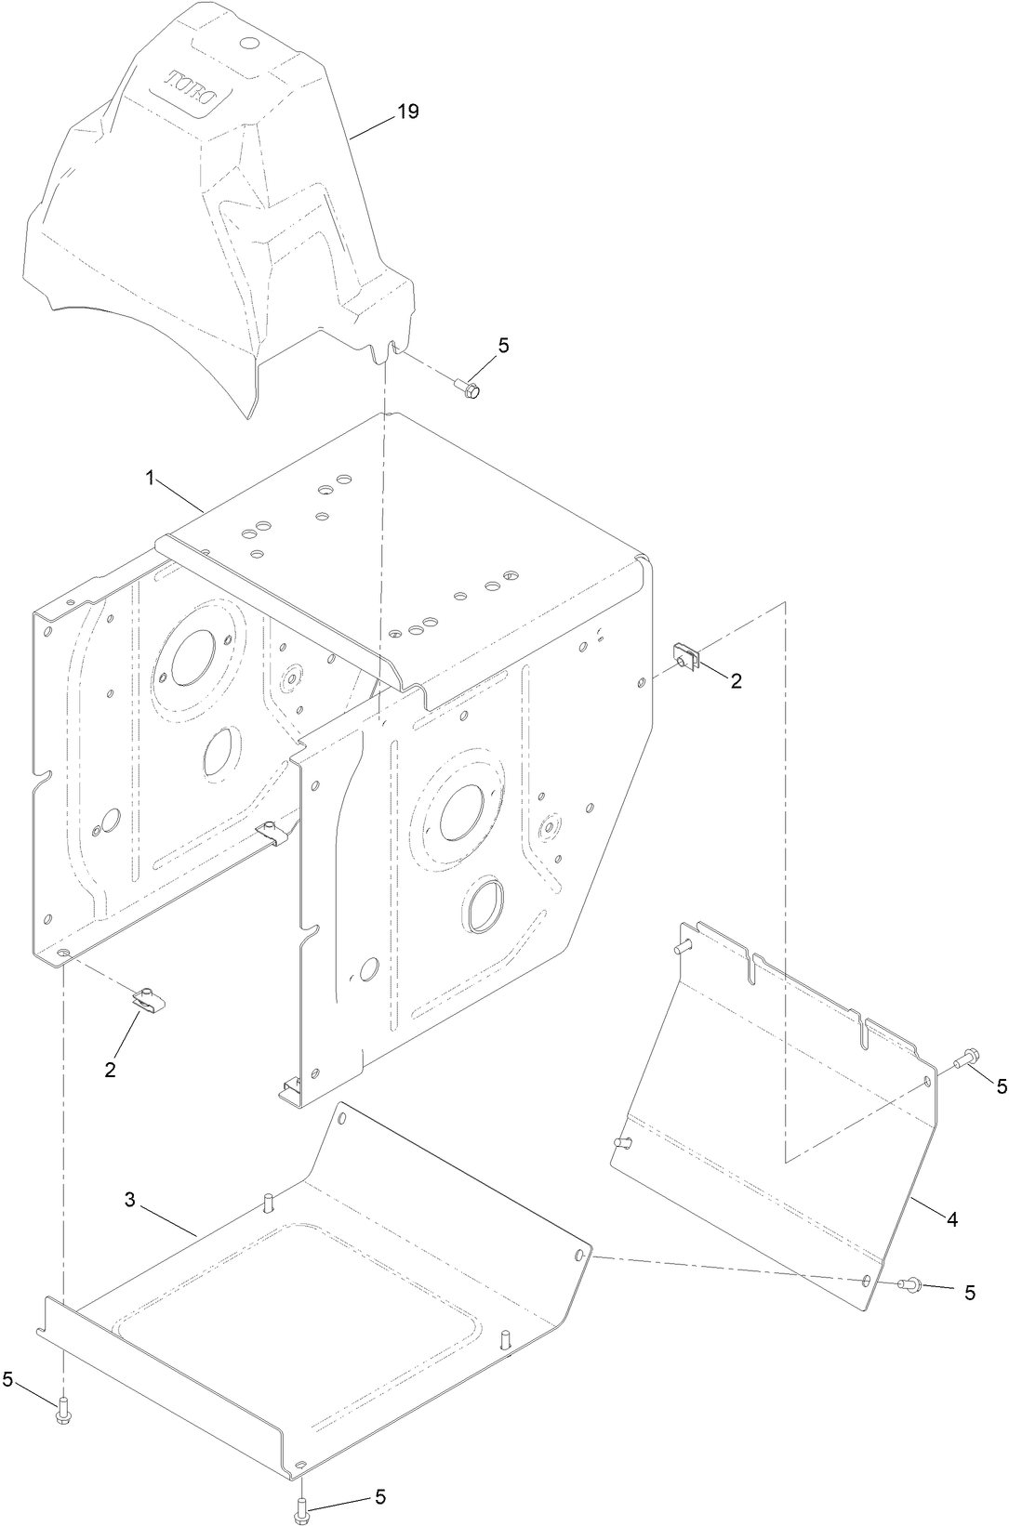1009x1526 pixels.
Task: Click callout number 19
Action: click(x=407, y=112)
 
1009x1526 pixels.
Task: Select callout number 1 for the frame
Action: click(x=150, y=478)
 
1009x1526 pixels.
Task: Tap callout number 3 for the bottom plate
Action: click(x=130, y=1200)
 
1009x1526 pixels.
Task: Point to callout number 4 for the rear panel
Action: click(x=951, y=1218)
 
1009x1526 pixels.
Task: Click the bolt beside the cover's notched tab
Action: click(x=468, y=388)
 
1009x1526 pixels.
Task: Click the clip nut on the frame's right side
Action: click(x=687, y=655)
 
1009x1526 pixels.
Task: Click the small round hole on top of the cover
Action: click(x=249, y=44)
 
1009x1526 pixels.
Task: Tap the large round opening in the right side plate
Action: click(x=461, y=809)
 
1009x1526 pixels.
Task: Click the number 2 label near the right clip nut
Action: click(x=736, y=681)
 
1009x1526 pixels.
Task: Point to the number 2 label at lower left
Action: click(x=111, y=1070)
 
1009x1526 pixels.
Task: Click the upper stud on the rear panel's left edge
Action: click(x=684, y=947)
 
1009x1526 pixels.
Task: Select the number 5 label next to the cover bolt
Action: click(x=504, y=346)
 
